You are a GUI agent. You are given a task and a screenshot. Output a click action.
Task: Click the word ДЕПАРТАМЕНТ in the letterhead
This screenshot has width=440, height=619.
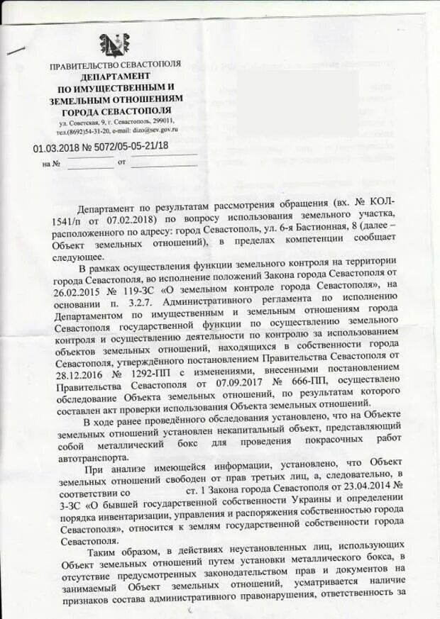click(114, 76)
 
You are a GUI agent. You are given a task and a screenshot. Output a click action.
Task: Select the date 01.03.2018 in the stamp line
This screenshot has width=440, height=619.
click(56, 147)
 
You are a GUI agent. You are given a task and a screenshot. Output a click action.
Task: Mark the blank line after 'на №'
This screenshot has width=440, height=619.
click(90, 164)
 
